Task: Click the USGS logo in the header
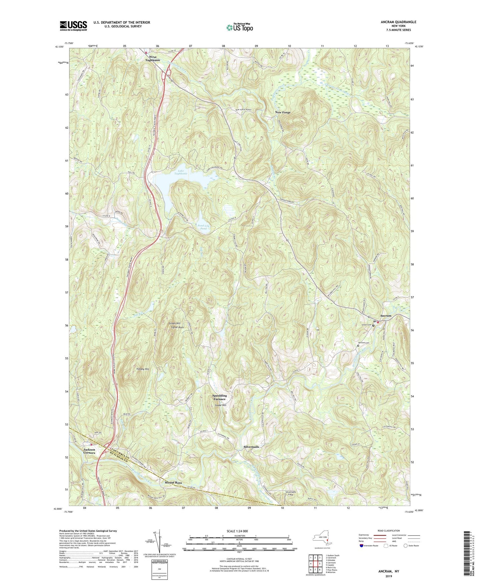click(73, 26)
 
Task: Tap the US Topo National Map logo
click(239, 27)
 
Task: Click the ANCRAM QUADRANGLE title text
click(398, 22)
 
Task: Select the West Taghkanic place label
click(152, 58)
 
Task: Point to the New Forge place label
click(283, 113)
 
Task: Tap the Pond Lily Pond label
click(203, 227)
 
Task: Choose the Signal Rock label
click(177, 327)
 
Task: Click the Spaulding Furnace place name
click(219, 397)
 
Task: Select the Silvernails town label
click(251, 447)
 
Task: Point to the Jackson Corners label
click(89, 451)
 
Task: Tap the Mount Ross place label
click(173, 483)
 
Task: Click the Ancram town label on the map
click(386, 316)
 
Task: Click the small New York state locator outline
click(322, 538)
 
